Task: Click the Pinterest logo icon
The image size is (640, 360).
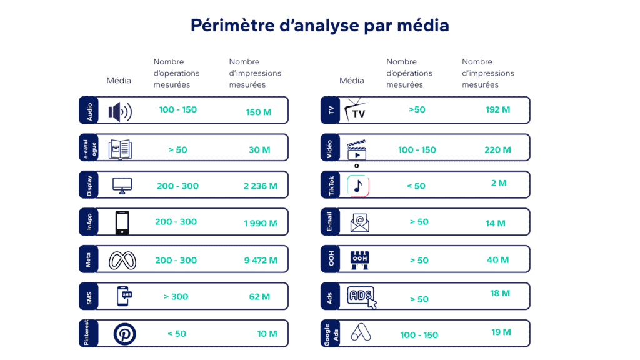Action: (x=124, y=334)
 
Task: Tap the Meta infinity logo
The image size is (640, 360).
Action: (x=122, y=260)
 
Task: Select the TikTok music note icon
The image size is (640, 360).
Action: (x=358, y=186)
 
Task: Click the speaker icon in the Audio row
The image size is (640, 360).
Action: (x=120, y=112)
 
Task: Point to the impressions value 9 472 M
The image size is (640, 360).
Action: (x=261, y=260)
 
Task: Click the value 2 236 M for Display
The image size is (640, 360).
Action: (x=261, y=186)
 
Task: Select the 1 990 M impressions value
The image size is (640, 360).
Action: (x=261, y=223)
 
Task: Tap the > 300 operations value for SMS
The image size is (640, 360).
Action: (x=176, y=296)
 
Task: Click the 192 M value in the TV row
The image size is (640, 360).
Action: (x=497, y=109)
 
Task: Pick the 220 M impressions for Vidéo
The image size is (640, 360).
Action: (x=497, y=149)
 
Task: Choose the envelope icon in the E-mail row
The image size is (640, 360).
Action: (x=359, y=222)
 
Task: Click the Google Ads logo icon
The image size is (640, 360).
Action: (x=361, y=332)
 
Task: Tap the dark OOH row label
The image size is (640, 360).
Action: (x=331, y=259)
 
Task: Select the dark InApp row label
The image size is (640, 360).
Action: (x=89, y=222)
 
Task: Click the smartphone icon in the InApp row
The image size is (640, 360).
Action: (x=122, y=222)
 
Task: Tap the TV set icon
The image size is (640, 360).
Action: (x=358, y=110)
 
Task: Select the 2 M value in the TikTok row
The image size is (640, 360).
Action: (x=499, y=183)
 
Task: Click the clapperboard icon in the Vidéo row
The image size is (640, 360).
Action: (x=357, y=151)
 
